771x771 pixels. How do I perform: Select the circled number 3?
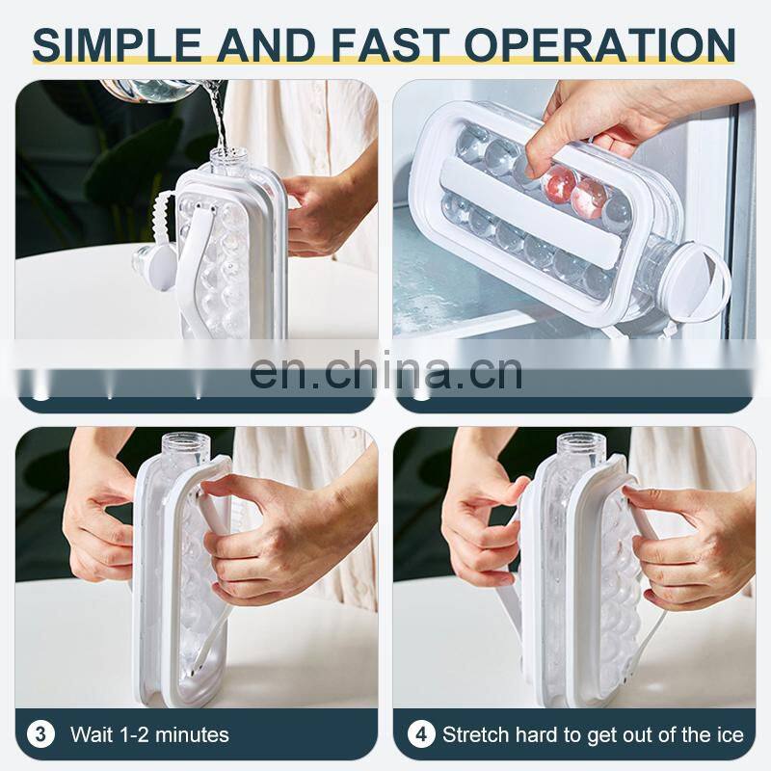tap(40, 734)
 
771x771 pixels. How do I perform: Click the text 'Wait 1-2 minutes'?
tap(149, 735)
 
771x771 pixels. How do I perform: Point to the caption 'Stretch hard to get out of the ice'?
tap(593, 735)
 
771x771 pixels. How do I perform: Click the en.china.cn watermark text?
tap(385, 371)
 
